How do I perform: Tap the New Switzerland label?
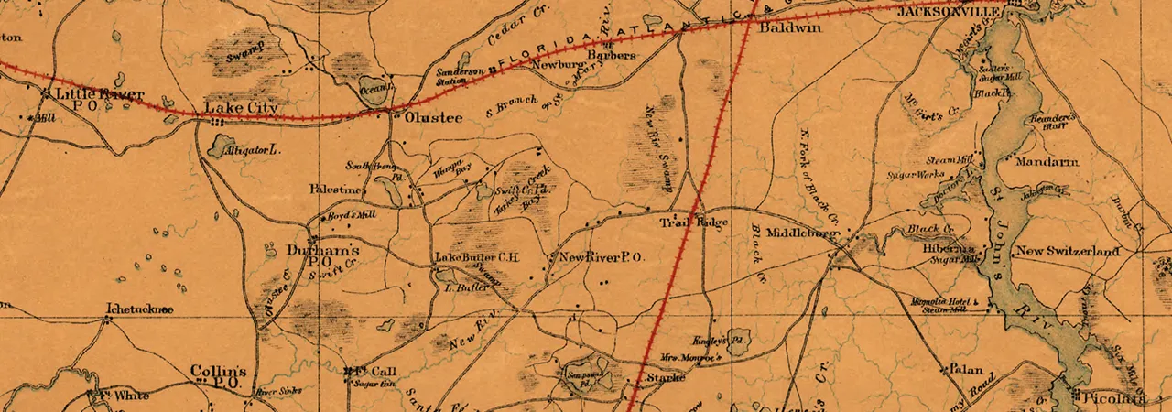point(1068,251)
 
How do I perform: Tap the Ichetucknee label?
point(139,309)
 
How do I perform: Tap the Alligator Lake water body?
point(220,146)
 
